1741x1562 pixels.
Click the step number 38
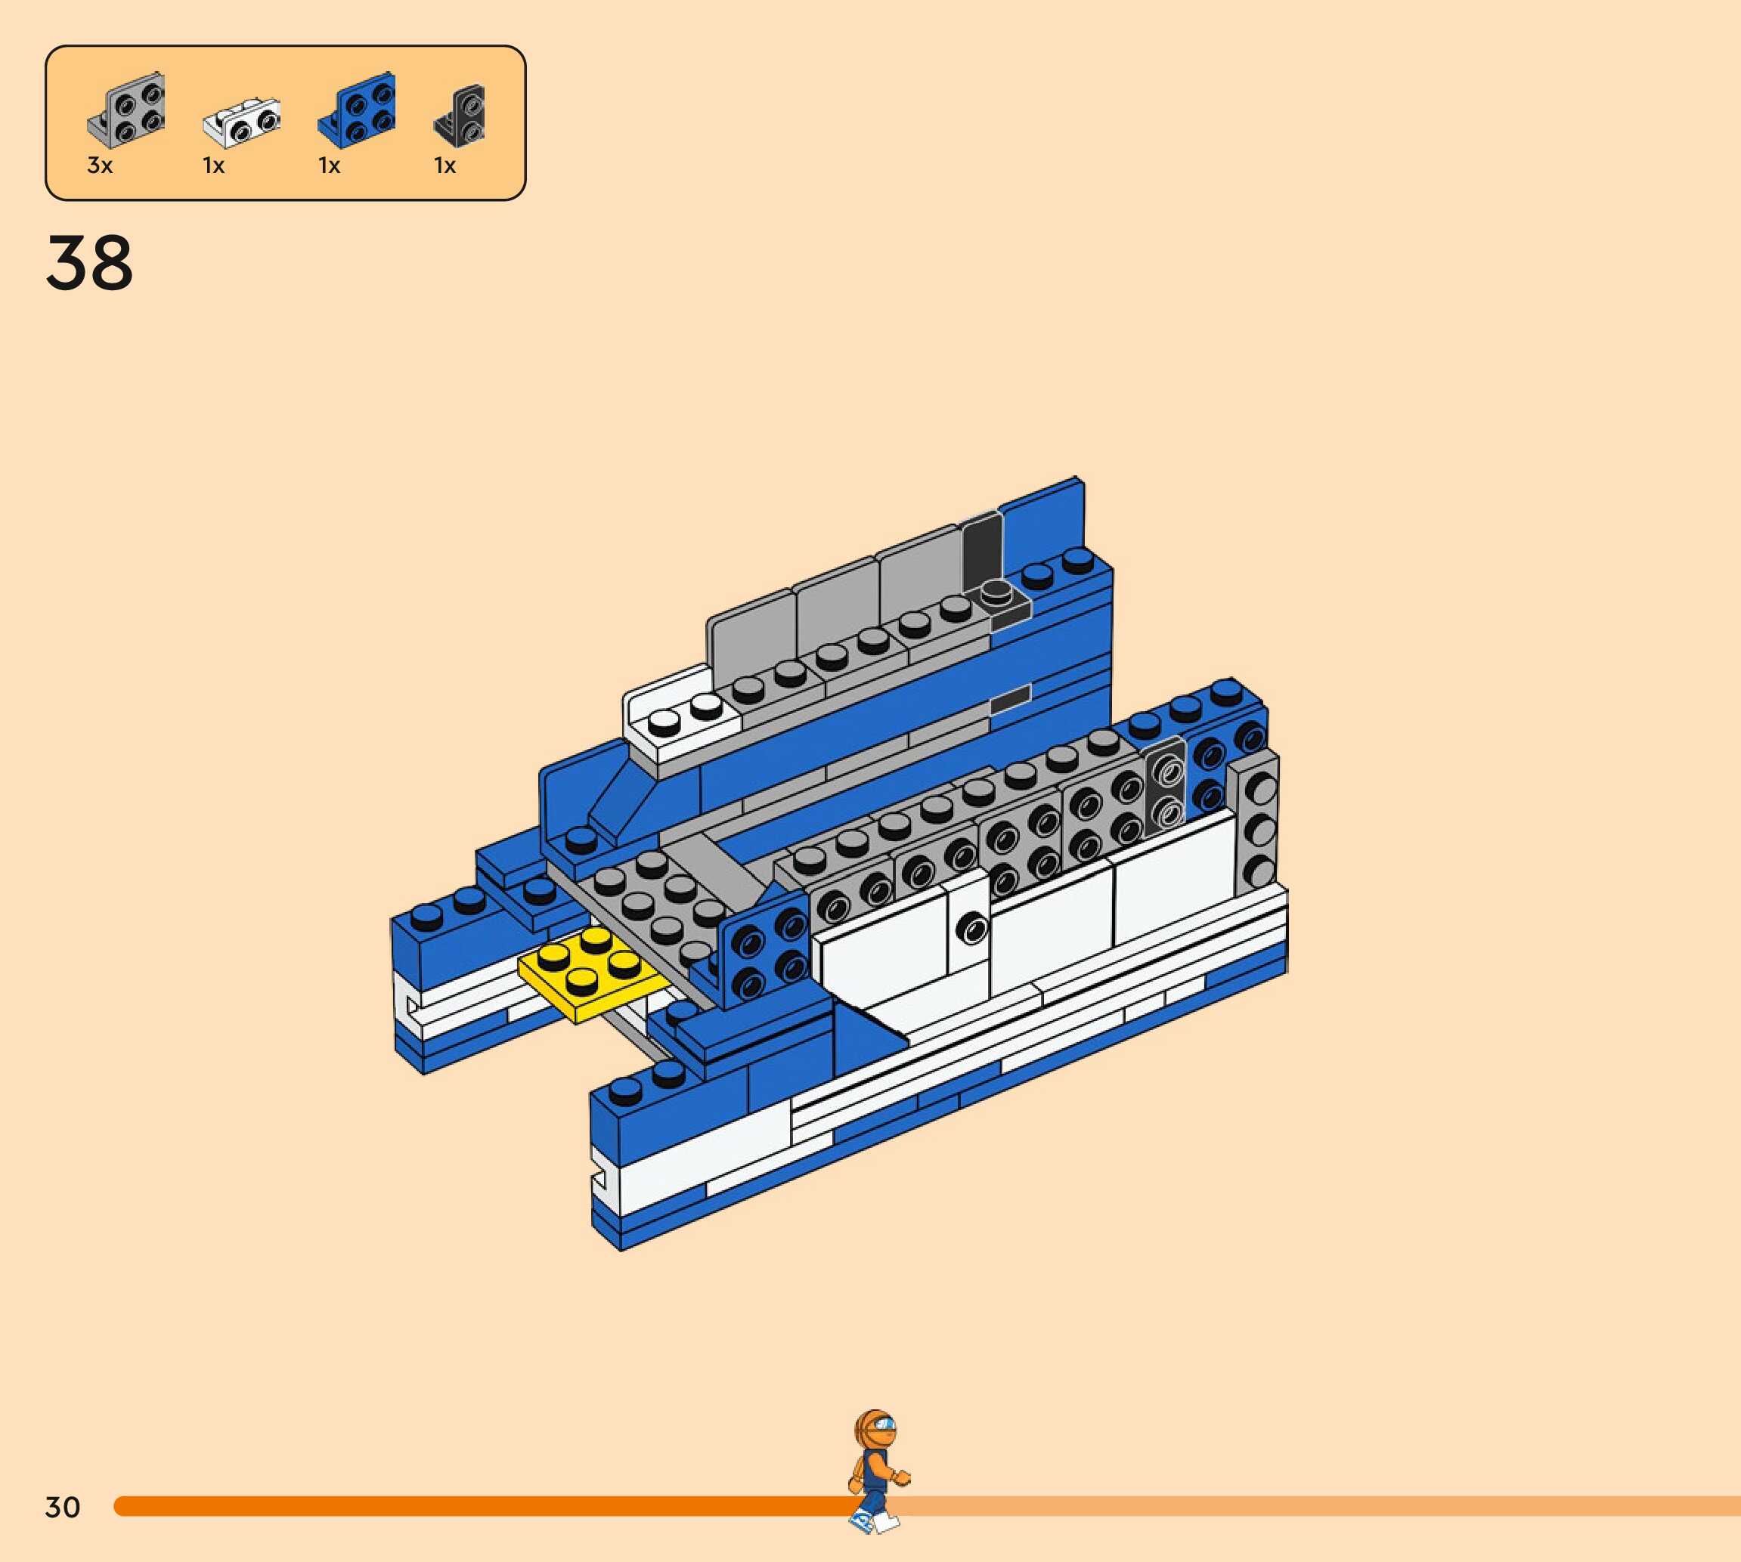[89, 263]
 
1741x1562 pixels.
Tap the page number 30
[63, 1507]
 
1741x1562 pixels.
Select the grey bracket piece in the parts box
[126, 110]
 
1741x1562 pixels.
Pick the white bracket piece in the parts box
[242, 124]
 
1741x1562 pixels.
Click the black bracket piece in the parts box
[460, 115]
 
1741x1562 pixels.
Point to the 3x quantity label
[101, 165]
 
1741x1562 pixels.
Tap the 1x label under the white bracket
[214, 165]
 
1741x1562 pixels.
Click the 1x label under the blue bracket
[330, 165]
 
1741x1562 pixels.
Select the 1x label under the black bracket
[445, 165]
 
